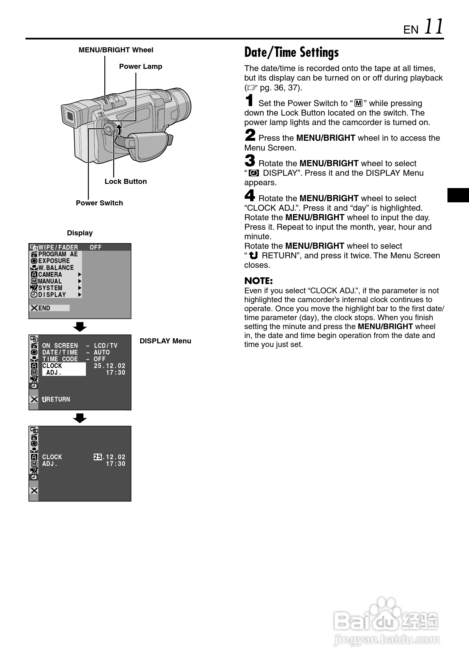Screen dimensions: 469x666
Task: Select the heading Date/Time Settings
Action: coord(291,53)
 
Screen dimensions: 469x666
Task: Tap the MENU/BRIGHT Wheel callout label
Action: coord(116,50)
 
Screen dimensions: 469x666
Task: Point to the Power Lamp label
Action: coord(140,66)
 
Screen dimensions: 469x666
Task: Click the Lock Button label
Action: coord(126,182)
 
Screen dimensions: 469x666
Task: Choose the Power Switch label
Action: coord(99,203)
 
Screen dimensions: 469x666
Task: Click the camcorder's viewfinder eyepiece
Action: coord(70,116)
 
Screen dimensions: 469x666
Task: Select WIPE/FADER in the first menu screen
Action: coord(58,247)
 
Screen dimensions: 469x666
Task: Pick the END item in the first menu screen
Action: coord(44,308)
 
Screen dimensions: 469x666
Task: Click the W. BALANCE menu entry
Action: coord(56,268)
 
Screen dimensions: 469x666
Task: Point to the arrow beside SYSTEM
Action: coord(79,288)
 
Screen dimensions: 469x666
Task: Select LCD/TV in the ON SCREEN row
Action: coord(105,346)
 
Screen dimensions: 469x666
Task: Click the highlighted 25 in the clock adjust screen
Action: coord(98,457)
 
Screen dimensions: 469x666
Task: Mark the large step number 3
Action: coord(250,161)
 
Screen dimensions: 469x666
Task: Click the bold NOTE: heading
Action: coord(259,281)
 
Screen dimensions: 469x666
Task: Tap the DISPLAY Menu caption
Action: coord(165,341)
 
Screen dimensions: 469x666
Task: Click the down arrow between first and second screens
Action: coord(80,327)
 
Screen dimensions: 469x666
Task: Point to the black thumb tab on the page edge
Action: coord(458,195)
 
